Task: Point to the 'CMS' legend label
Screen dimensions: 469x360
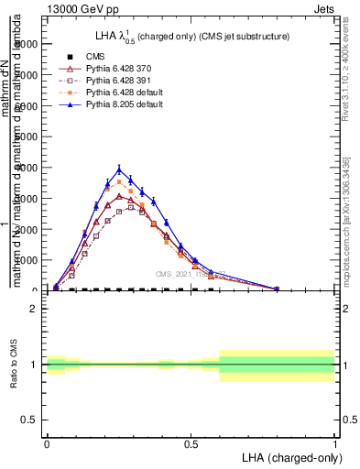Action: click(83, 57)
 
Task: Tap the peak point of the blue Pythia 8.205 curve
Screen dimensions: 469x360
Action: click(119, 169)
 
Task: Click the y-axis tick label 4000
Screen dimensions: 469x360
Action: click(28, 168)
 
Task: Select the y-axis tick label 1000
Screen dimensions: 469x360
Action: click(28, 260)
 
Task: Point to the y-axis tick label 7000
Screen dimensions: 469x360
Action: click(28, 75)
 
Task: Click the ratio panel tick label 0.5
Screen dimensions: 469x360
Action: click(32, 420)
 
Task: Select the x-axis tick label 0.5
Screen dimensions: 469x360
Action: click(191, 443)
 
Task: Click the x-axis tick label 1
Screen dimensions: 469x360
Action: click(334, 443)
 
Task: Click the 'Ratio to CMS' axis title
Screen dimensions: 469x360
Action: click(14, 365)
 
